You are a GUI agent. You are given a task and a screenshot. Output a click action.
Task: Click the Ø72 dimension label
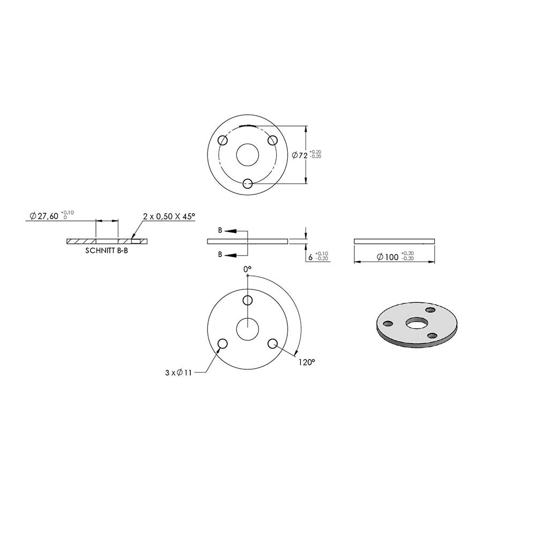300,155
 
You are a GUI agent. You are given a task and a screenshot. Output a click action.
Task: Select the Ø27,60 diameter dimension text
44,216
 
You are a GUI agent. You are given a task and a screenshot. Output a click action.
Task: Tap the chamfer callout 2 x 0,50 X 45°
169,216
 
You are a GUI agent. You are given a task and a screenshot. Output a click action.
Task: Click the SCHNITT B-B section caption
107,250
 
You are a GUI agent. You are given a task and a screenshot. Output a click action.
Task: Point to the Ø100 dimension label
388,257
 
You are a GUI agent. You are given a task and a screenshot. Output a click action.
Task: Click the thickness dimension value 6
310,257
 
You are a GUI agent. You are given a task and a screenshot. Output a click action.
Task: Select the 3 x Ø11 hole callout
178,373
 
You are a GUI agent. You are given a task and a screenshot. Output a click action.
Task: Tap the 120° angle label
306,362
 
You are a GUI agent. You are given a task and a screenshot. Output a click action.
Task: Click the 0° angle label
248,270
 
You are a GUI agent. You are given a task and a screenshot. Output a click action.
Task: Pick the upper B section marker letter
220,230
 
